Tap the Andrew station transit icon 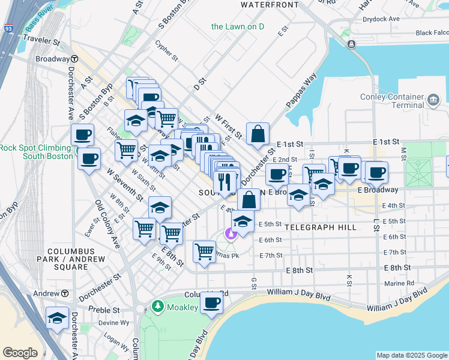[x=64, y=293]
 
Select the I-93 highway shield [x=7, y=28]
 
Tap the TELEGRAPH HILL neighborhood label [x=321, y=227]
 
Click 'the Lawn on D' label [x=238, y=26]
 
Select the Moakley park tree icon [x=158, y=306]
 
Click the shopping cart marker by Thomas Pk [x=205, y=250]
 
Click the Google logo [x=20, y=353]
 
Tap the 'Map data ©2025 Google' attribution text [x=411, y=355]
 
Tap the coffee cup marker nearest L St [x=376, y=173]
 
